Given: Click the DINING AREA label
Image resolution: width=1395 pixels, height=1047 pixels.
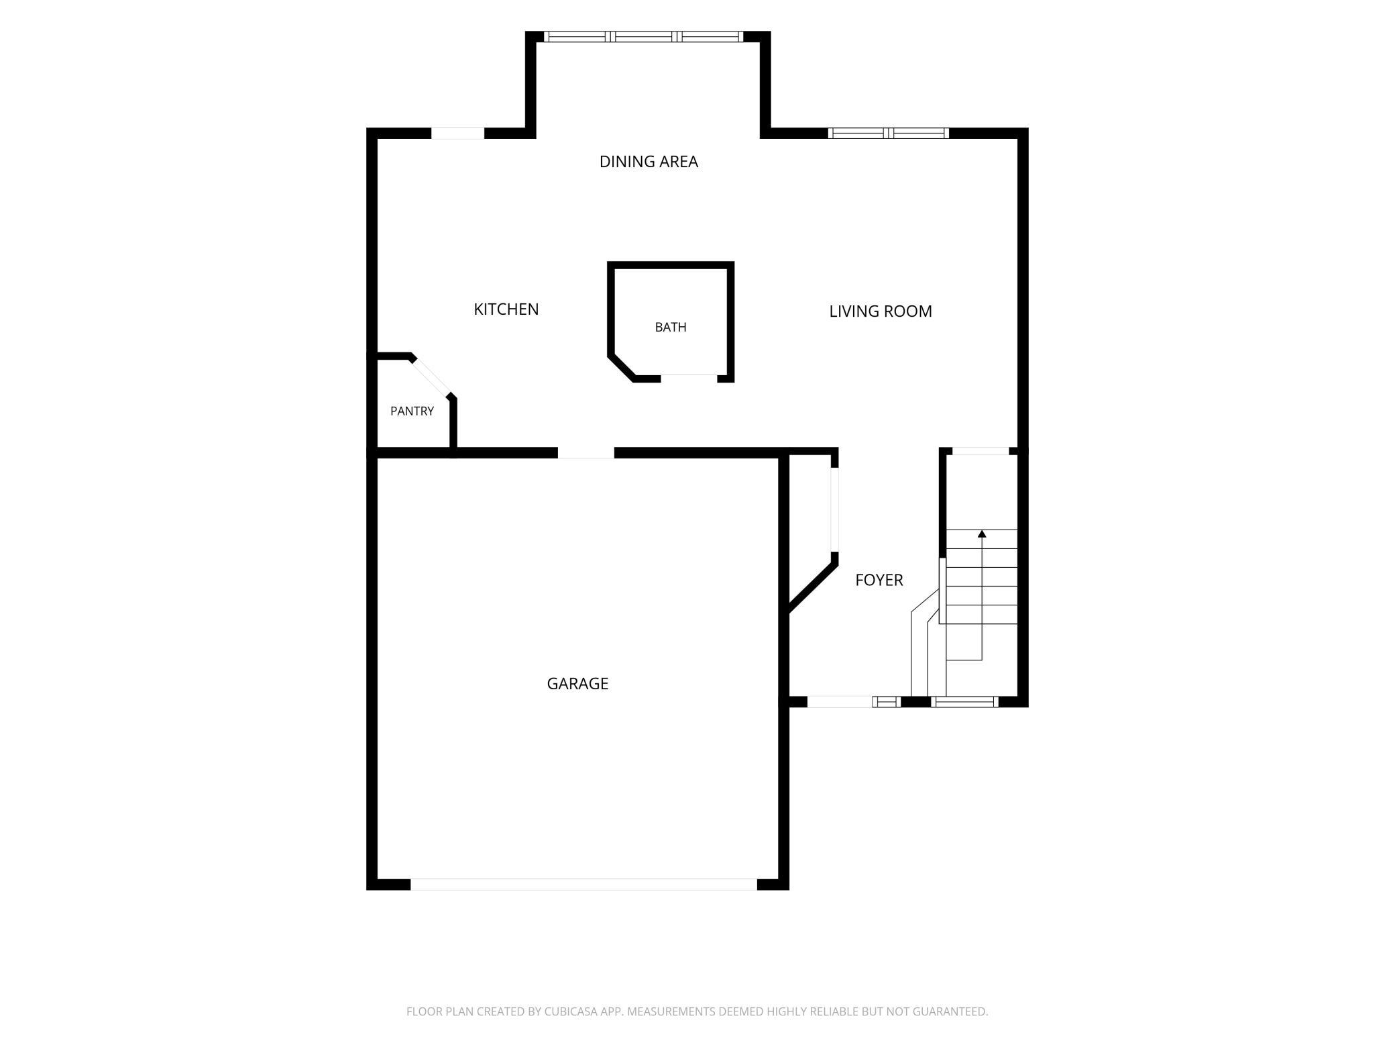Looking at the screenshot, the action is pos(649,162).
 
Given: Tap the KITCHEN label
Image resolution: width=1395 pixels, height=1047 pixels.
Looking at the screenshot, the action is pos(506,309).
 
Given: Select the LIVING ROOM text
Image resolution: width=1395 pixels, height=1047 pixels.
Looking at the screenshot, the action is pos(881,311).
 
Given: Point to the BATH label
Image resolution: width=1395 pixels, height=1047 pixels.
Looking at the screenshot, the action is pos(671,328).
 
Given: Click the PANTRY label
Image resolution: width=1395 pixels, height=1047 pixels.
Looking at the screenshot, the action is pos(412,411).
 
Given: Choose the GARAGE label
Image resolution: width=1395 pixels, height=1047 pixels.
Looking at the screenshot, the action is pos(577,684).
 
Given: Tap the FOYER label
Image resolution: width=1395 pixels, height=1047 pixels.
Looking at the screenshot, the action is pos(879,580).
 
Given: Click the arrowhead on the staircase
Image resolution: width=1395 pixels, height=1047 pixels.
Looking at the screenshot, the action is pos(982,534).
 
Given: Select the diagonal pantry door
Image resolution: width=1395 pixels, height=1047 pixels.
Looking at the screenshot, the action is pos(431,377).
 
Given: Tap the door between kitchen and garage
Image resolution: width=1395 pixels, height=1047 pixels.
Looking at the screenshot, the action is pos(585,453).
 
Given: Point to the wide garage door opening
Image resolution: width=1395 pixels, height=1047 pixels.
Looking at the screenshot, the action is pos(583,885).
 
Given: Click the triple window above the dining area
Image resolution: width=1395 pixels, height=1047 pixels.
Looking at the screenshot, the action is pos(643,37).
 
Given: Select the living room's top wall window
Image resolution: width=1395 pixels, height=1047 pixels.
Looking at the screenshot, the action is pos(889,133).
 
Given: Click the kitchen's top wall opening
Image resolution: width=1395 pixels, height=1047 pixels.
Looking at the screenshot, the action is pos(457,133).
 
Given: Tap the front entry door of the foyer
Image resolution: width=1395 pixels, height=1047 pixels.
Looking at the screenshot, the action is pos(840,702).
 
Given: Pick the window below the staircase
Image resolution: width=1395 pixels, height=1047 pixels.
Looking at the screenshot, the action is pos(964,702).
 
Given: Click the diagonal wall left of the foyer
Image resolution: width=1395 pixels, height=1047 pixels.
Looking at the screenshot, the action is pos(813,588).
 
